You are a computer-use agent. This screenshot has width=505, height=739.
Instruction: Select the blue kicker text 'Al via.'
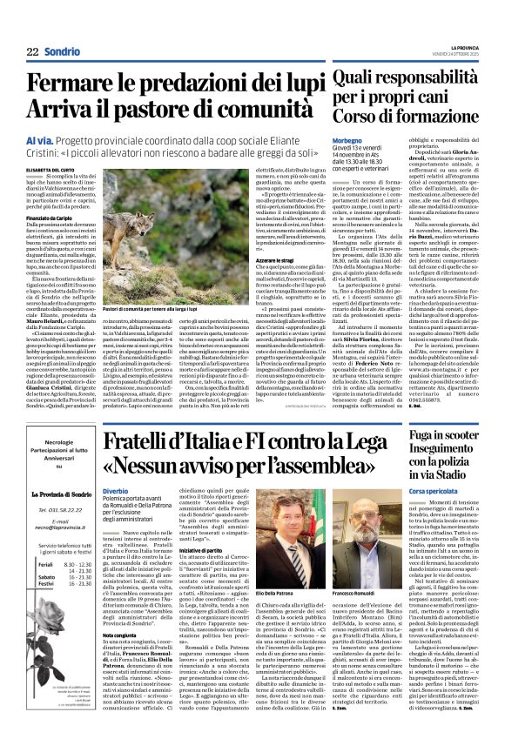point(41,138)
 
